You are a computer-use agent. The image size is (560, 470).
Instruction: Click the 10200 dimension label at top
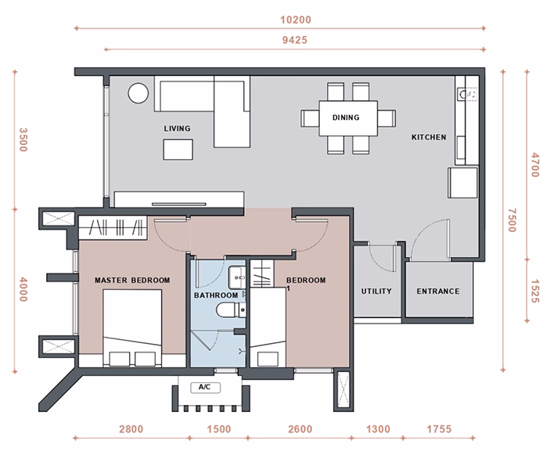296,20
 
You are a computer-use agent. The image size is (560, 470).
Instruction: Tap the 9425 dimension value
295,40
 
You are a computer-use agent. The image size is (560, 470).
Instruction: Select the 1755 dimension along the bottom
439,428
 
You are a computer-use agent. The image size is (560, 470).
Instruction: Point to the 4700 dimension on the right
534,165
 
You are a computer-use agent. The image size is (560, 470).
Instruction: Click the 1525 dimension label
534,291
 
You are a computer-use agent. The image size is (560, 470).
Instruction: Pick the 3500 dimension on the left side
23,140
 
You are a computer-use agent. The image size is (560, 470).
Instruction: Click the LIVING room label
177,128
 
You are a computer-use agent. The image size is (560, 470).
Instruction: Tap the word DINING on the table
346,117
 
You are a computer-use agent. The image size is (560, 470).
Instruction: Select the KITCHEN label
429,137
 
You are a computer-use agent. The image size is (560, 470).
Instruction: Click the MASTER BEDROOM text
132,280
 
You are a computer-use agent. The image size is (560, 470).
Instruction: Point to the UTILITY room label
376,291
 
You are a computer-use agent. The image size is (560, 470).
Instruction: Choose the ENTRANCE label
438,291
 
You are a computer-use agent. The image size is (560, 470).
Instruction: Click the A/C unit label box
205,388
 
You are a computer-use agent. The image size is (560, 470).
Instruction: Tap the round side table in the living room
138,93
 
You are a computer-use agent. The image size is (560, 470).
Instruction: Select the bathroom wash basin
237,277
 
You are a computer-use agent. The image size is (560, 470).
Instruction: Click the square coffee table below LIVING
178,150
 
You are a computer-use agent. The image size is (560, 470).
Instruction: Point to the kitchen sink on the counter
467,95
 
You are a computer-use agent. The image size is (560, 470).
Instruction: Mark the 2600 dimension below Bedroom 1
300,428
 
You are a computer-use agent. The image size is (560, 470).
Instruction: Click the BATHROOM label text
216,295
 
